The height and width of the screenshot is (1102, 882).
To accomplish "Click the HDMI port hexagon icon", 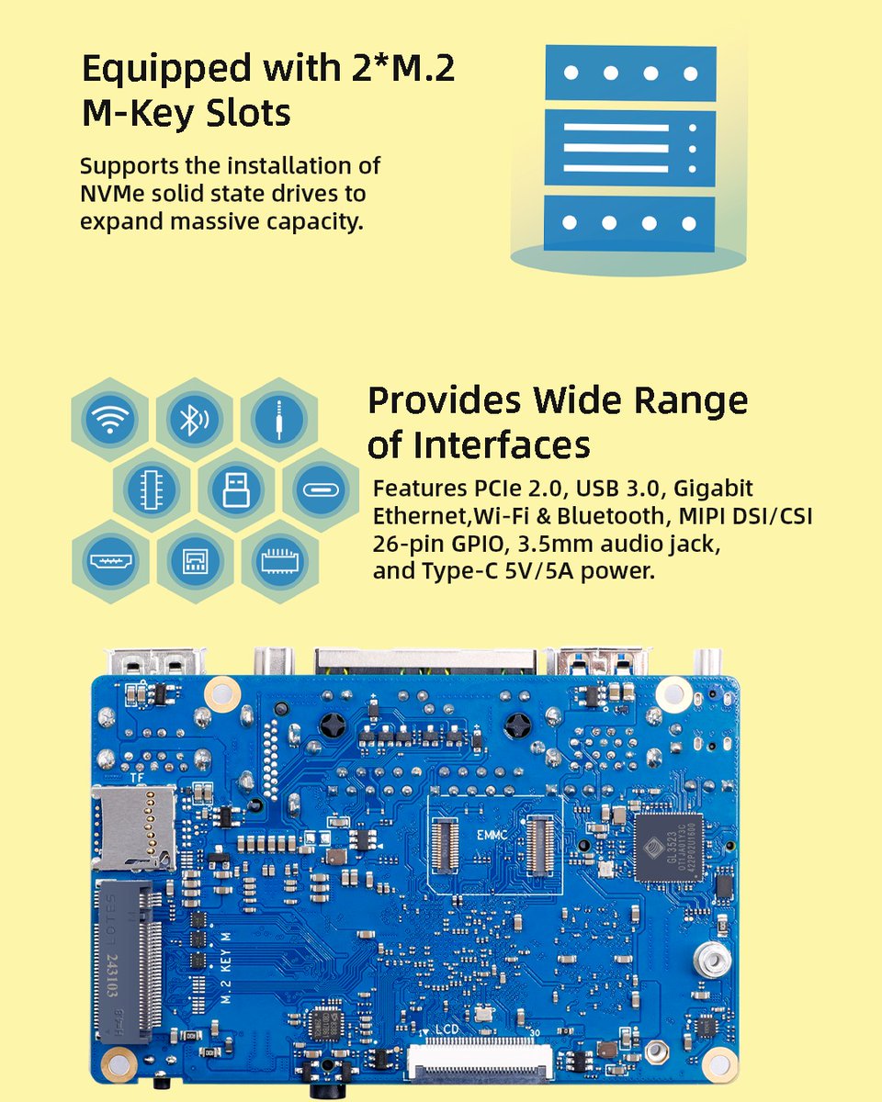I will click(109, 561).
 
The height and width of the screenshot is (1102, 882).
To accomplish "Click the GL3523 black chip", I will click(668, 847).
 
